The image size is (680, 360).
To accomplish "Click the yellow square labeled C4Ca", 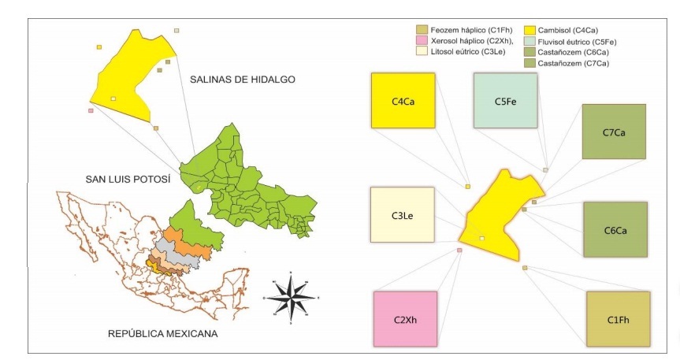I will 403,100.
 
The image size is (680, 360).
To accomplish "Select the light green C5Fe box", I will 505,100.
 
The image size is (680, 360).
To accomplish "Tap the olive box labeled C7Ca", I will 614,131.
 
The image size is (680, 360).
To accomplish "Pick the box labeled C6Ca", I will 615,229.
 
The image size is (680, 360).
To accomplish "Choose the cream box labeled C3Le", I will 402,214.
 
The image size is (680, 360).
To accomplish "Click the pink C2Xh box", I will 404,319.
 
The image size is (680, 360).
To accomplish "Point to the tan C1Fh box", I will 618,319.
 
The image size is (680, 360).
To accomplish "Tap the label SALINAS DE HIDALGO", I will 242,80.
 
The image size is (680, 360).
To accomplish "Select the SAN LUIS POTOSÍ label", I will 128,179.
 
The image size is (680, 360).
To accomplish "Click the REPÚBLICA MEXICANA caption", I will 162,334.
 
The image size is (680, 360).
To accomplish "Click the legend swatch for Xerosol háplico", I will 422,40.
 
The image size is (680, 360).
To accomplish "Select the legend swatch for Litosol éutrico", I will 422,51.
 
